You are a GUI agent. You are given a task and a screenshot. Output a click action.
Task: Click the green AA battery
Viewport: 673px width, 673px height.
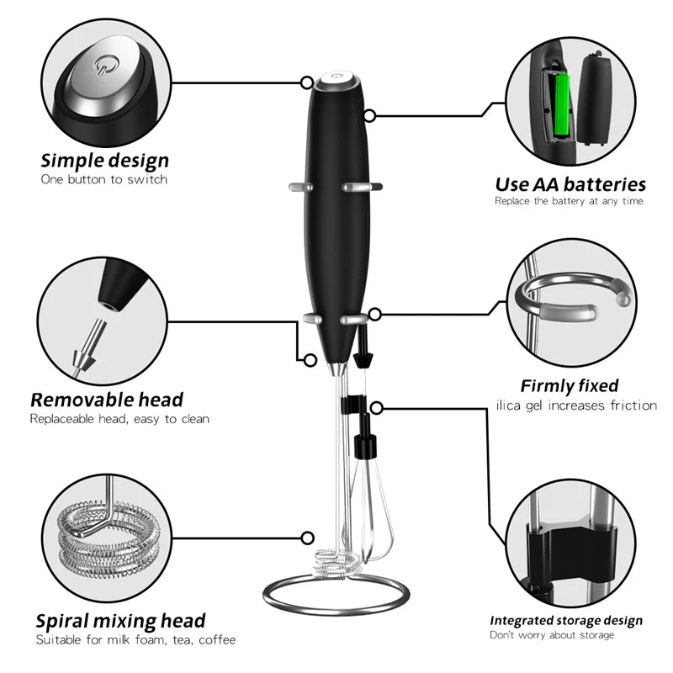(x=560, y=105)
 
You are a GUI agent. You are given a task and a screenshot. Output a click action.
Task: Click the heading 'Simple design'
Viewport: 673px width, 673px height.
(x=105, y=160)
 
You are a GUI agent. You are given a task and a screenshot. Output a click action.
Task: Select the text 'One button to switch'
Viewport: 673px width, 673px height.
(x=104, y=179)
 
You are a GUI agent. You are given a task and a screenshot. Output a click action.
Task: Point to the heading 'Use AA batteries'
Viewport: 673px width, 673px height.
(x=570, y=183)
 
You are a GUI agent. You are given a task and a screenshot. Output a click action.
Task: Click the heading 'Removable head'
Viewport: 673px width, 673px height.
(x=107, y=399)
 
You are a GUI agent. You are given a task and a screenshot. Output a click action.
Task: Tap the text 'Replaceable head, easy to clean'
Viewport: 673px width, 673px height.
(x=119, y=418)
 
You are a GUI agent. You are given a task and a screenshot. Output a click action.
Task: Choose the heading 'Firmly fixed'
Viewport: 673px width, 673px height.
(x=569, y=386)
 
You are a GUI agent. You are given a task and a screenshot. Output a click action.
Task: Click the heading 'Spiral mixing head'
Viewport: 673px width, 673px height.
(x=120, y=621)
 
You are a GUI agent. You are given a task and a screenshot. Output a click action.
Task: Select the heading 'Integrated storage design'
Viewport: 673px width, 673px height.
(x=566, y=621)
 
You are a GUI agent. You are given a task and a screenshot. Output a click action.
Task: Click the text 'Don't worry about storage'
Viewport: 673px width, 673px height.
(x=553, y=635)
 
